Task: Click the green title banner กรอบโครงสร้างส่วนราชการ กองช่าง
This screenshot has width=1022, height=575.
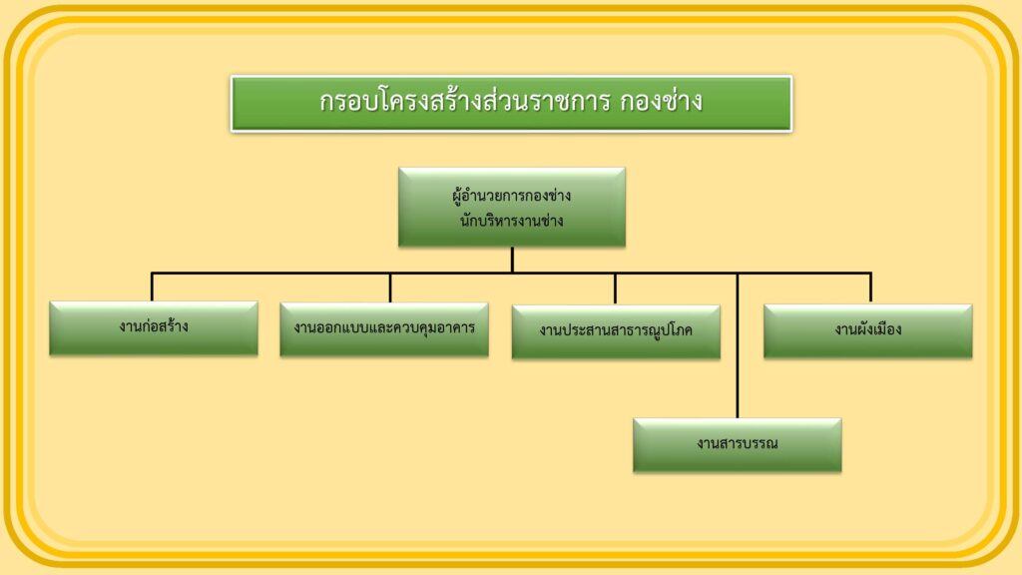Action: click(x=512, y=104)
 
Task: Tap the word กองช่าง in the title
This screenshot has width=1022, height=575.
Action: click(x=661, y=102)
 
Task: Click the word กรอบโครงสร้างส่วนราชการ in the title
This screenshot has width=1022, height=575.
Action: click(x=465, y=101)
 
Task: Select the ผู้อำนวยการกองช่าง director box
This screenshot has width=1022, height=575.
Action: click(x=512, y=208)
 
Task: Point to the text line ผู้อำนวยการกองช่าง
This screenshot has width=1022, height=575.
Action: click(x=512, y=196)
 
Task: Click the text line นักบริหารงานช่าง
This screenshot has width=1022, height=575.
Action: click(x=512, y=221)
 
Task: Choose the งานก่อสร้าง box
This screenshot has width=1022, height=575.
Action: click(x=154, y=327)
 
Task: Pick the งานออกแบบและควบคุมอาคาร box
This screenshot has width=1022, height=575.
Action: click(x=384, y=329)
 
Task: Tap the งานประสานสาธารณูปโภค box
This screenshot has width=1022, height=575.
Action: click(x=616, y=331)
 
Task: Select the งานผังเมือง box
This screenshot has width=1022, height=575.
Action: click(x=868, y=331)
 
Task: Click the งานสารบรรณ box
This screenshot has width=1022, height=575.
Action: click(x=738, y=445)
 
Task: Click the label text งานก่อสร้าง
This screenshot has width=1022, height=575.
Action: click(x=154, y=326)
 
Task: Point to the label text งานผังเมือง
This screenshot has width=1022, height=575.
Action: click(x=868, y=329)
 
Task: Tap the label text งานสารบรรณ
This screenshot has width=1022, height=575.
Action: click(x=738, y=443)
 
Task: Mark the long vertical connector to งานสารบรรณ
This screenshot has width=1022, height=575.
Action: click(x=738, y=345)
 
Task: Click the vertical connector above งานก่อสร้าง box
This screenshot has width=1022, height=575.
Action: click(x=152, y=287)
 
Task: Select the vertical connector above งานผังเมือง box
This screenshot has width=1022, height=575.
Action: click(x=870, y=288)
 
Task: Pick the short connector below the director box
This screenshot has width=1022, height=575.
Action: click(x=512, y=260)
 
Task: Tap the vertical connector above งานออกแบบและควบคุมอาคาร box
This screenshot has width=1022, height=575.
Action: click(x=390, y=287)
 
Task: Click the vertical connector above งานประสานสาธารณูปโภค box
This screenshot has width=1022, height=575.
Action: click(x=615, y=288)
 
